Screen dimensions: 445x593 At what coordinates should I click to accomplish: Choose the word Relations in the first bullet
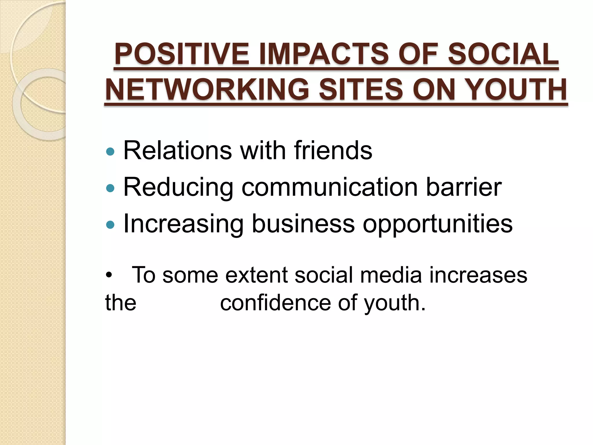point(177,150)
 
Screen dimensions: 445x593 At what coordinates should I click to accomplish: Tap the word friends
point(333,150)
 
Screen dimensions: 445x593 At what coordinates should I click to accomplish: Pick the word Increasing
point(183,224)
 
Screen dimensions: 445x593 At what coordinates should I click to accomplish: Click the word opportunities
point(438,224)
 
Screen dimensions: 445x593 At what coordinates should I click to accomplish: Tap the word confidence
point(275,303)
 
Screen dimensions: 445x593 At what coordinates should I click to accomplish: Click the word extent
point(256,275)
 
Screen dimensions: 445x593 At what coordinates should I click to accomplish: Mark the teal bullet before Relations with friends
point(110,151)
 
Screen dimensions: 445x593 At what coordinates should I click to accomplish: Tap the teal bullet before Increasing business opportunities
point(110,225)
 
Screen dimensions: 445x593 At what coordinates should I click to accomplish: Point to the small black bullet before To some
point(109,276)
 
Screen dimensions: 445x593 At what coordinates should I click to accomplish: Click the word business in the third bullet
point(303,224)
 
